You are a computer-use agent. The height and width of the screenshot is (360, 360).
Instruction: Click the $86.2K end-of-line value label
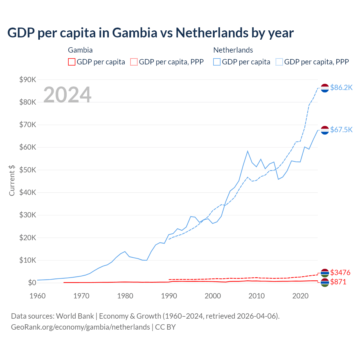(x=341, y=88)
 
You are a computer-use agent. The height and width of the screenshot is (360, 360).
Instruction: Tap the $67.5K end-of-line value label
(x=341, y=130)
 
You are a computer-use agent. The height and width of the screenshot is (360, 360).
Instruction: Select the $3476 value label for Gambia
(x=340, y=273)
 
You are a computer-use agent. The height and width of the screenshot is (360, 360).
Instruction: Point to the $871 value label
(x=338, y=282)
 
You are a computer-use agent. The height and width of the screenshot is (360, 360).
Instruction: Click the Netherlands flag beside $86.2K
(x=325, y=88)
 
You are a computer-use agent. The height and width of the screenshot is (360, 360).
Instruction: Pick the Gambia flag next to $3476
(x=325, y=273)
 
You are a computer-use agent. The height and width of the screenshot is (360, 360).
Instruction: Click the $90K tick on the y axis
(x=28, y=80)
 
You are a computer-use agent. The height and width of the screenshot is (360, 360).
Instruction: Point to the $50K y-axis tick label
(x=28, y=170)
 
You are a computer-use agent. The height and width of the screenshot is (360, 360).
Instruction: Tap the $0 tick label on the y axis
(x=32, y=283)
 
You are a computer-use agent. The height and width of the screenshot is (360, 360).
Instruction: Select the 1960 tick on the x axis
(x=37, y=296)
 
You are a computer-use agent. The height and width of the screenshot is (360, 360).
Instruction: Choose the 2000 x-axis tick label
(x=213, y=296)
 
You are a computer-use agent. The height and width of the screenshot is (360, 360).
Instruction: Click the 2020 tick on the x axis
(x=301, y=296)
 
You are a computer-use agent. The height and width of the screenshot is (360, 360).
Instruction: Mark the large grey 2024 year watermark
(x=67, y=95)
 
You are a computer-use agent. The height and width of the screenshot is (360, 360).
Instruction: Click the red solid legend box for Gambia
(x=72, y=62)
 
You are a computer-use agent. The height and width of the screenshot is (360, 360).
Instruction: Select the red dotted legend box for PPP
(x=134, y=62)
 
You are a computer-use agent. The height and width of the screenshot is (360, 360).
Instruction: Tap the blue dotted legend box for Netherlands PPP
(x=279, y=62)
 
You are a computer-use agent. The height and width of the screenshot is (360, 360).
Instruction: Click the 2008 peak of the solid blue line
(x=247, y=151)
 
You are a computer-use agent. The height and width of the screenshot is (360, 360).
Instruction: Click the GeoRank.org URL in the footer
(x=80, y=327)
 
